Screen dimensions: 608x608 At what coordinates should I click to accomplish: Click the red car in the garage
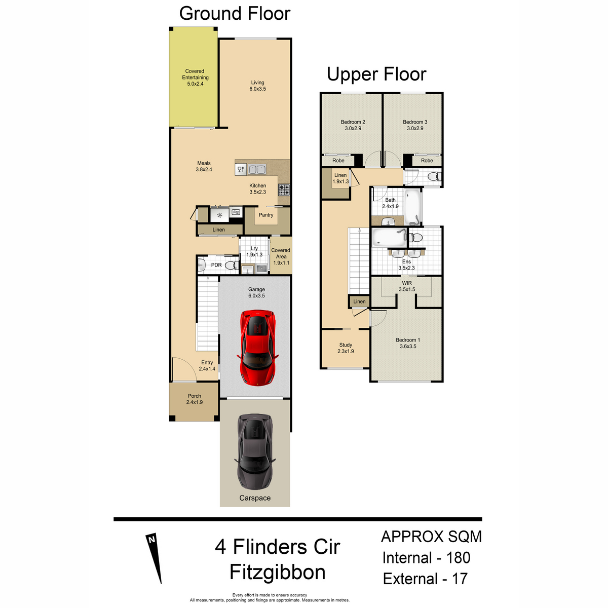tap(257, 348)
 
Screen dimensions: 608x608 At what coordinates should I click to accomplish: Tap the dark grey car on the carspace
tap(254, 451)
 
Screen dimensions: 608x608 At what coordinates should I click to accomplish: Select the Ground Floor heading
tap(235, 14)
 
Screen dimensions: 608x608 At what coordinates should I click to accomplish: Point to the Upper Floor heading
tap(376, 74)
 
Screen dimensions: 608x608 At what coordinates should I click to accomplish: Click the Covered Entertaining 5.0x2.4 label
tap(195, 78)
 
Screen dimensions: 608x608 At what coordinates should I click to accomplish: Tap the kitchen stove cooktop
tap(284, 189)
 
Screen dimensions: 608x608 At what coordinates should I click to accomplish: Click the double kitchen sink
tap(257, 169)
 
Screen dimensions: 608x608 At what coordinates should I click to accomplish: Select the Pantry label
tap(266, 215)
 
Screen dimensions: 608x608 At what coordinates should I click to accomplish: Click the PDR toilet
tap(232, 265)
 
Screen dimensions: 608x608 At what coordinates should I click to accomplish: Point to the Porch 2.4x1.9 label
tap(195, 399)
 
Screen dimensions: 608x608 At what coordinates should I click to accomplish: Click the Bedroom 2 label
tap(353, 122)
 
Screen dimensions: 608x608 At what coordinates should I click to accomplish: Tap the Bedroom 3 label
tap(415, 122)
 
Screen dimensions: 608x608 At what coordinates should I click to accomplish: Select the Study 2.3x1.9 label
tap(346, 348)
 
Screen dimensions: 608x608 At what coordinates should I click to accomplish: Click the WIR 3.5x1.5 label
tap(407, 286)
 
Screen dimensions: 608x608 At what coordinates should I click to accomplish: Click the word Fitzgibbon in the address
tap(277, 573)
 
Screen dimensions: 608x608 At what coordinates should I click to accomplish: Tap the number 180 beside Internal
tap(458, 558)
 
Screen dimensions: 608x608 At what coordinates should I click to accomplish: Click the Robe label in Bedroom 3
tap(427, 161)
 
